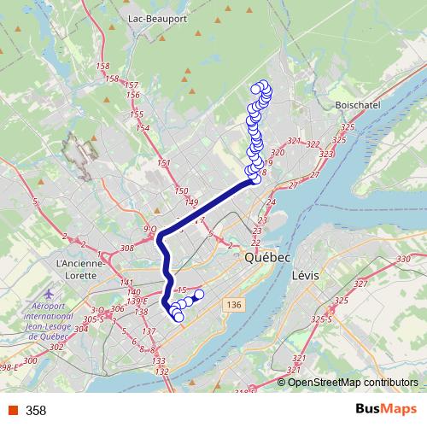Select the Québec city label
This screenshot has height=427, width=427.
click(267, 257)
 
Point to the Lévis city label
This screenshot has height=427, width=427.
click(305, 276)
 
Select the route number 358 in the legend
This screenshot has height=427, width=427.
click(36, 411)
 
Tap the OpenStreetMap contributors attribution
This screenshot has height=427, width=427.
click(353, 382)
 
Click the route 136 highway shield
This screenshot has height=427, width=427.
click(233, 304)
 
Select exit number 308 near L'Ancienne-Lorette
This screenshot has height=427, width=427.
click(128, 248)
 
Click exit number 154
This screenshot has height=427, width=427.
click(142, 128)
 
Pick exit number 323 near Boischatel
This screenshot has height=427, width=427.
click(327, 154)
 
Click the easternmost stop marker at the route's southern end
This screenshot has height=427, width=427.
click(200, 295)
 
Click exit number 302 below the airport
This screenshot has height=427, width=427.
click(57, 347)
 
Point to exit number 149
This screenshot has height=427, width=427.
click(191, 202)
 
